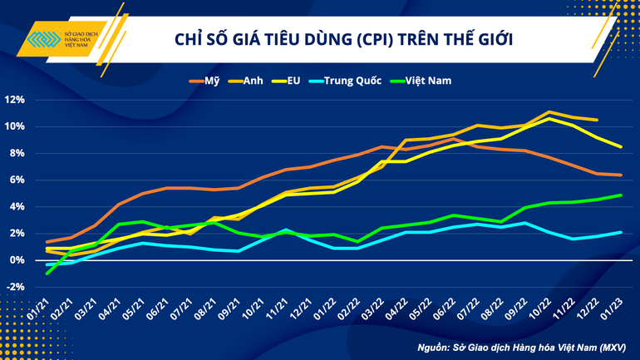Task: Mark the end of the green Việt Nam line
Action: [622, 195]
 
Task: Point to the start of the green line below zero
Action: [47, 273]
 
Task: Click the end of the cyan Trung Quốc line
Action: [622, 232]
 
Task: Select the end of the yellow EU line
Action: [622, 146]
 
